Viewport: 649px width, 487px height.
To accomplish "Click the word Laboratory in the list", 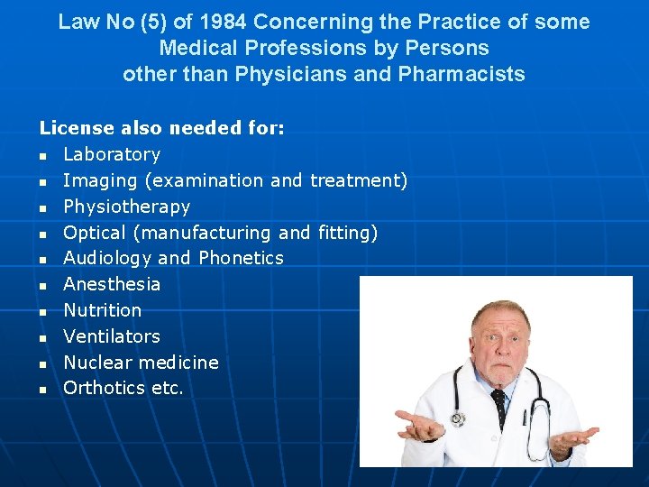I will coord(112,155).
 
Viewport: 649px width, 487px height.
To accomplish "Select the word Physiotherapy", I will coord(126,207).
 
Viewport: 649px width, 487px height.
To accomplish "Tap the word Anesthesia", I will coord(112,284).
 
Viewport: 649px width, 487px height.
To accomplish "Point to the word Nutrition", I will coord(102,310).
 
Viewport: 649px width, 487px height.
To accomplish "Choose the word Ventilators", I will coord(112,336).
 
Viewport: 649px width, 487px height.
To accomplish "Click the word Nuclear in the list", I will coord(96,363).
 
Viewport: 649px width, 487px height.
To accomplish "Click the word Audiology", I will coord(107,258).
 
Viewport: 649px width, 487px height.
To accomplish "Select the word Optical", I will coord(95,233).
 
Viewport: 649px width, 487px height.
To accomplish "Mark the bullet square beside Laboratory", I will coord(42,156).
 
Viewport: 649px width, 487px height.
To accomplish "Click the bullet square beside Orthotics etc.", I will coord(42,390).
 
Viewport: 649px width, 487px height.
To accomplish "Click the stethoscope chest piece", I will coord(459,418).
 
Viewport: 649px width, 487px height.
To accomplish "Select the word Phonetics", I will coord(241,258).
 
